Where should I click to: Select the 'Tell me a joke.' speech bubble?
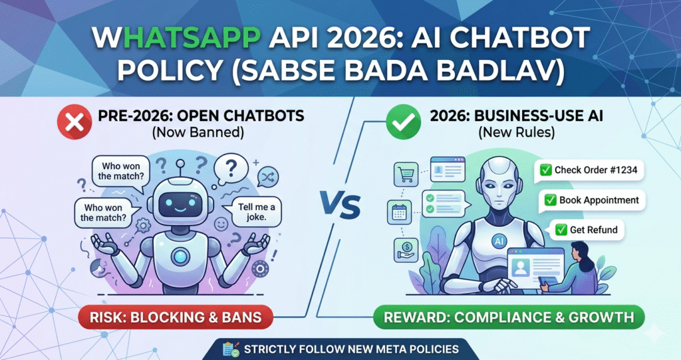(256, 212)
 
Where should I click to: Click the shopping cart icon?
(406, 175)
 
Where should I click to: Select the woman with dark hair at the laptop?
(583, 263)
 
